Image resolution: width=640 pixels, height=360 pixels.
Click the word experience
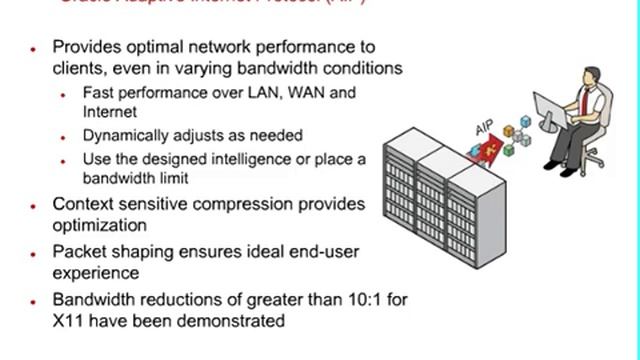tap(96, 272)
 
